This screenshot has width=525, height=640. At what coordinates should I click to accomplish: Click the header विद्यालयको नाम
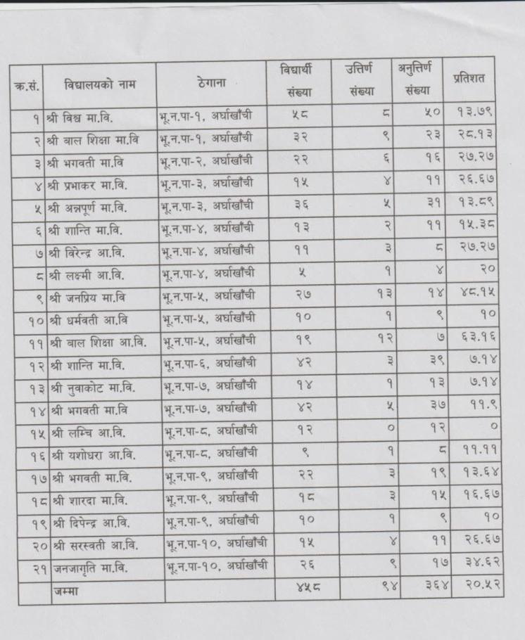(99, 85)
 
